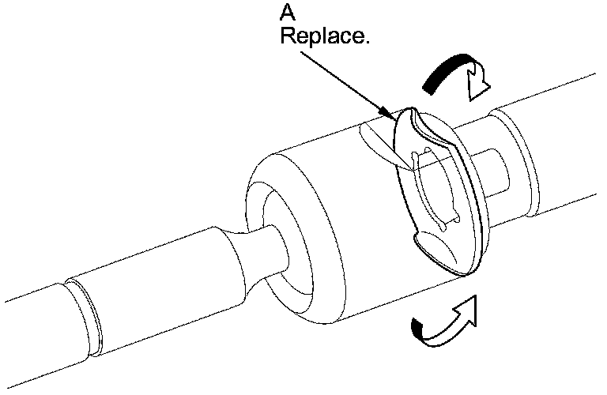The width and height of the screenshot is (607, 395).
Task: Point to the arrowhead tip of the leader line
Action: click(392, 118)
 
